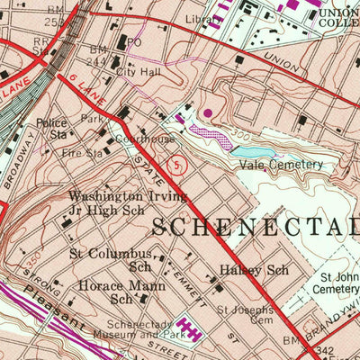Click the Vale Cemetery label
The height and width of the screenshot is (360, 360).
(x=281, y=165)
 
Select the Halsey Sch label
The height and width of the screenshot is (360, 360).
(x=240, y=270)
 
